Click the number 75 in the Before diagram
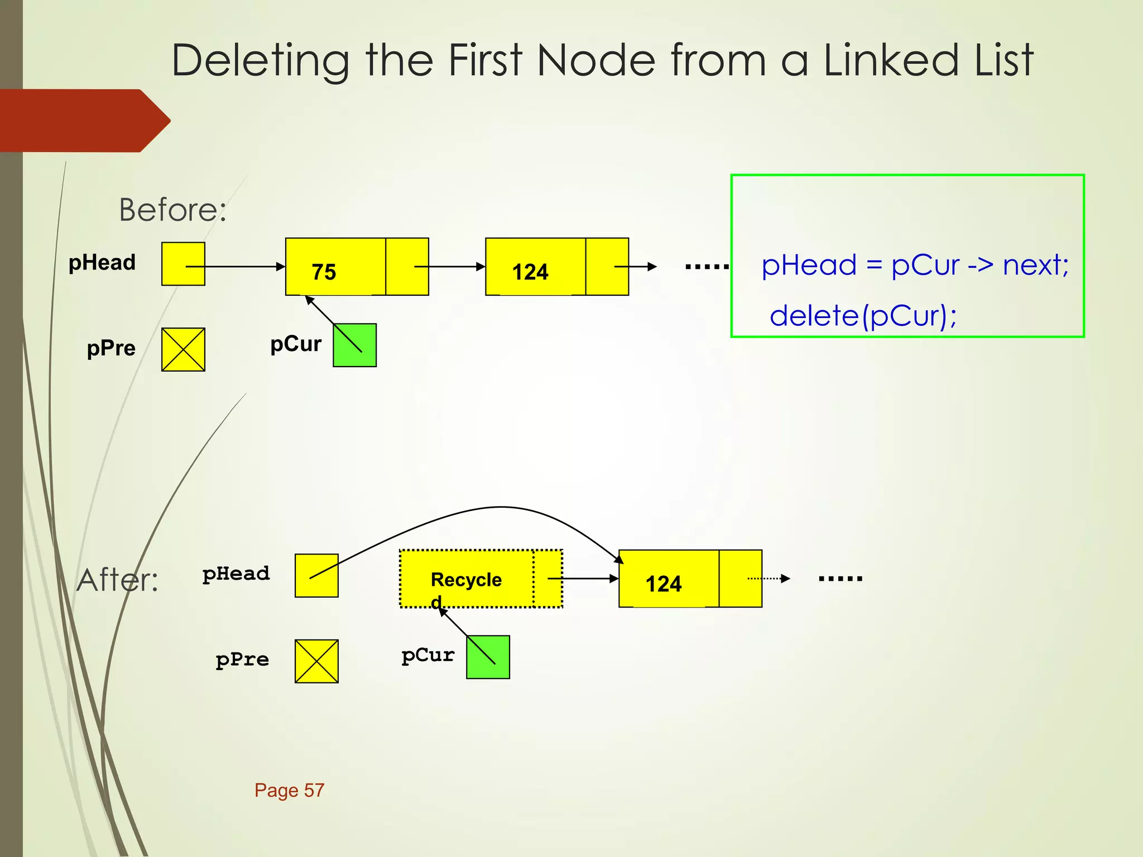(x=324, y=272)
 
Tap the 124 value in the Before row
(x=530, y=272)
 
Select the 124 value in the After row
(x=664, y=584)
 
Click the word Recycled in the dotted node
(x=466, y=580)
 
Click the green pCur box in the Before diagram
(x=354, y=345)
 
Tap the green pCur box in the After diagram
(x=488, y=657)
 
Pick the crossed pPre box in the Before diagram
(x=183, y=350)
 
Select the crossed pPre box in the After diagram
(x=316, y=661)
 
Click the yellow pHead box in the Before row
(x=183, y=264)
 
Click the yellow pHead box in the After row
(x=316, y=575)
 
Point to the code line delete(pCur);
(x=863, y=316)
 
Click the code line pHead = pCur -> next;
(x=915, y=265)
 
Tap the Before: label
(x=172, y=210)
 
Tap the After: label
(x=118, y=580)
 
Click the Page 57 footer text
(x=289, y=790)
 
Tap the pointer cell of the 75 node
(x=407, y=267)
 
